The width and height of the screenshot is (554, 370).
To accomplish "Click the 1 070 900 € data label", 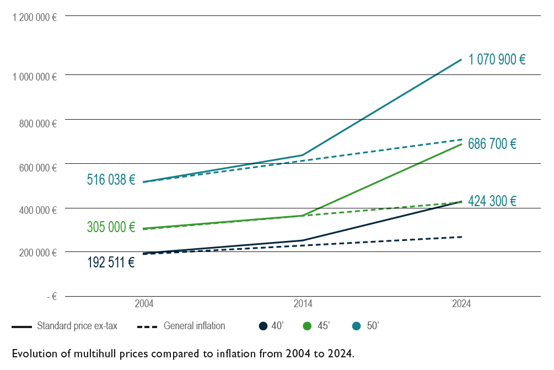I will coord(497,60).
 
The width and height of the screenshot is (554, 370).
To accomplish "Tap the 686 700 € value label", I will coord(492,144).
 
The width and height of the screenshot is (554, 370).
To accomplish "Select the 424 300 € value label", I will coord(492,201).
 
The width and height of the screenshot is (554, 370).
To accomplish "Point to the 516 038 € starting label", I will coord(111,179).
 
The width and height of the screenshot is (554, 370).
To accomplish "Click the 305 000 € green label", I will coord(111,227).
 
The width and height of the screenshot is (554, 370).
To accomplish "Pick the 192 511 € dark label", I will coord(111,262).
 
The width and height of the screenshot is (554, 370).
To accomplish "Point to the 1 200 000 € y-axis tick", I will coord(35,17).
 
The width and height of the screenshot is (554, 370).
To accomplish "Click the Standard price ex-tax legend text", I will coord(77,326).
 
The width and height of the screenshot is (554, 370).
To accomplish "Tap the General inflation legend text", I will coord(194,326).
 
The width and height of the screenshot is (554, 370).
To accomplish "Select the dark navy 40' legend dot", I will coord(263,326).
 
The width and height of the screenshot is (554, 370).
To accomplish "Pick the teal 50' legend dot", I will coord(357,326).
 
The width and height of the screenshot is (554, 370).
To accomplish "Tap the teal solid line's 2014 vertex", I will coord(303,155).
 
